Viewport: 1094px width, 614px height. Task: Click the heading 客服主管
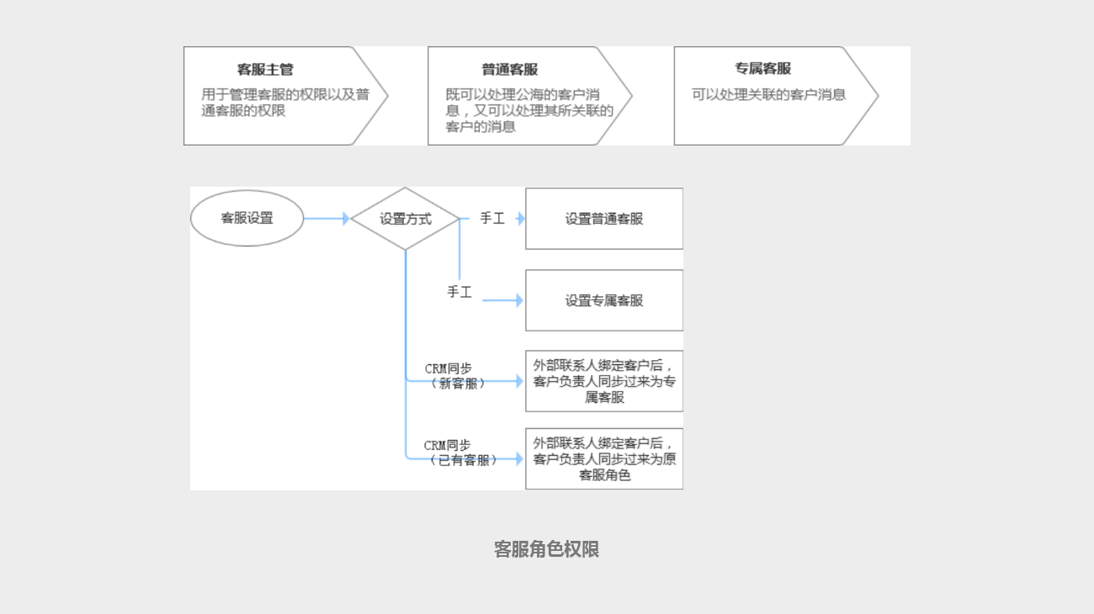pos(265,70)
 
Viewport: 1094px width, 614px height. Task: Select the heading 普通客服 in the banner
pos(509,70)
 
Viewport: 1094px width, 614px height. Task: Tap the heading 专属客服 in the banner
pos(762,69)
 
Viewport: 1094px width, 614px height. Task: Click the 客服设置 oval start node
pos(247,218)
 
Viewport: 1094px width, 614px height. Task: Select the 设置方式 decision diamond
pos(405,219)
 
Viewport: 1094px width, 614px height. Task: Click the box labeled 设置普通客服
pos(603,219)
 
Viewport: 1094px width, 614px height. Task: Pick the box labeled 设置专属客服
pos(603,300)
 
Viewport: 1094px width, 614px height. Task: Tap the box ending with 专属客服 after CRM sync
pos(603,381)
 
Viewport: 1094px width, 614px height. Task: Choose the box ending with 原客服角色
pos(603,459)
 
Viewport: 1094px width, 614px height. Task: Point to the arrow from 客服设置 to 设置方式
pos(326,219)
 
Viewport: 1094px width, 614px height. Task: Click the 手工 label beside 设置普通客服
pos(492,219)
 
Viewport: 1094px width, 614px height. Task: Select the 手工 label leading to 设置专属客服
pos(459,293)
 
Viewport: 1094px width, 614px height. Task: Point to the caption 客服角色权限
pos(546,550)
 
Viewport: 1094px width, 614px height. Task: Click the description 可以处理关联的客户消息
pos(768,95)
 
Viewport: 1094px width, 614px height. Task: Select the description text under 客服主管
pos(284,103)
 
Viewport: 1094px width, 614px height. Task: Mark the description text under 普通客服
pos(529,111)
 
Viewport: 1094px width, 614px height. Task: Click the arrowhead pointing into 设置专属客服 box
pos(519,300)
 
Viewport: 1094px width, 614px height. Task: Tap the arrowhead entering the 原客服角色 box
pos(519,459)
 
